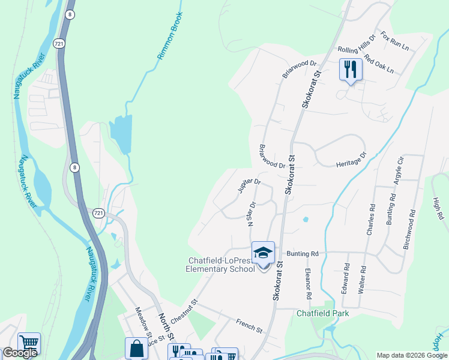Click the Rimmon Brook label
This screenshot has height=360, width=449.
pos(169,36)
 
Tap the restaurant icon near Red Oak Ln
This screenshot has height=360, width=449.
pos(349,69)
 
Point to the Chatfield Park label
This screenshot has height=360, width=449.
pos(322,313)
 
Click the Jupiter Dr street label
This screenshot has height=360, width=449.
pos(250,185)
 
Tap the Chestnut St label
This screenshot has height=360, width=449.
pos(184,312)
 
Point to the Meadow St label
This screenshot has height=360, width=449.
pos(143,322)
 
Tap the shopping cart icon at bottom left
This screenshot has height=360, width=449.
pos(29,343)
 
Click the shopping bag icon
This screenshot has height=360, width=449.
pos(136,348)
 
